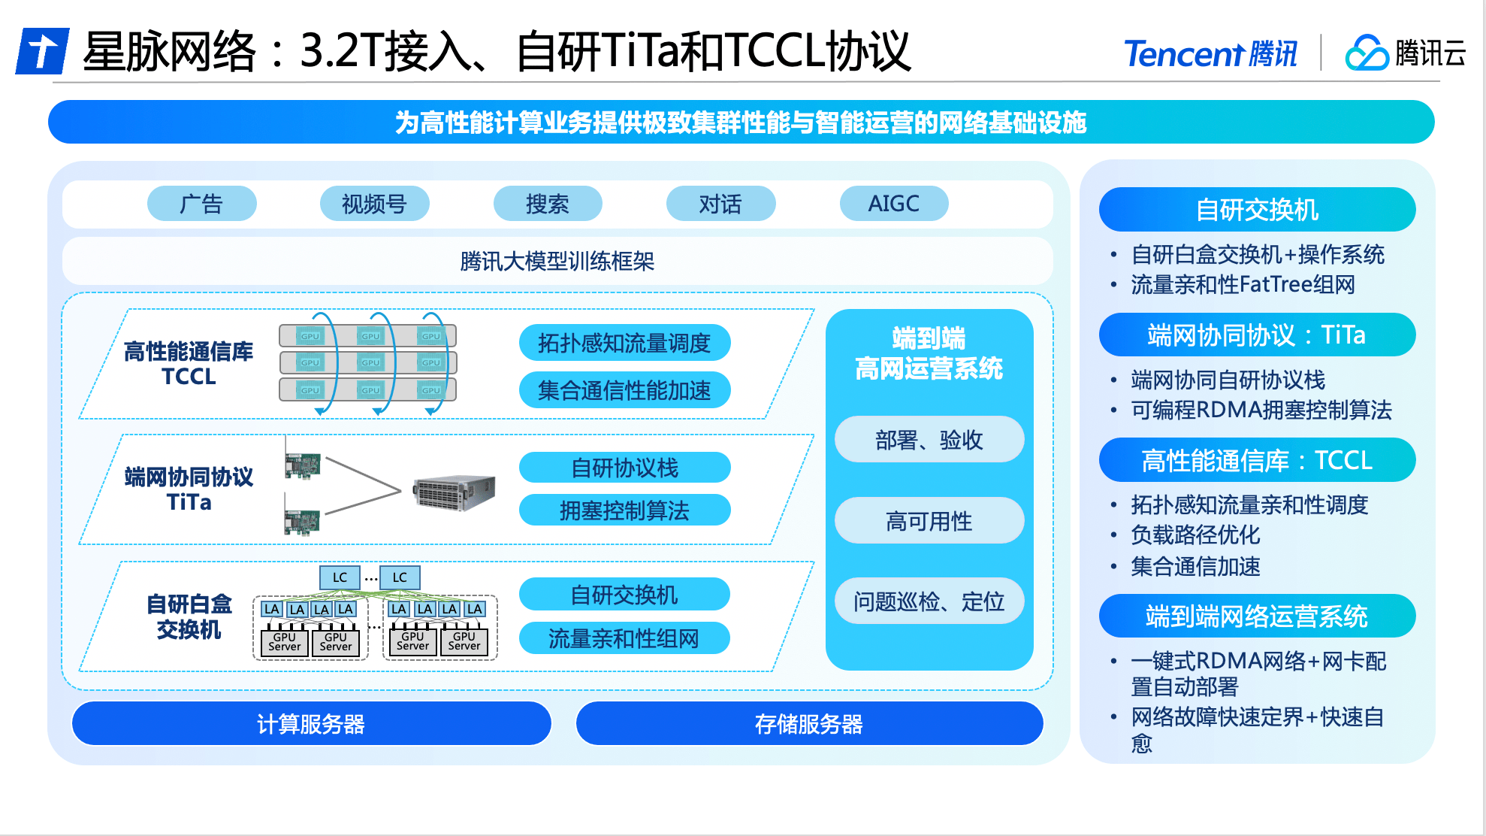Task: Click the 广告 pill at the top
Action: (x=201, y=204)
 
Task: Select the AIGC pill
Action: (x=893, y=204)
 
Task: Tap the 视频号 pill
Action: (x=374, y=204)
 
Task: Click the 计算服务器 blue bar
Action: (x=311, y=724)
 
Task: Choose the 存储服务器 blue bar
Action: (x=809, y=724)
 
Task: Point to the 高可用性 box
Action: (x=929, y=521)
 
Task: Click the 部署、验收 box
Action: (x=929, y=440)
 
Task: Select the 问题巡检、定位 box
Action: (x=929, y=601)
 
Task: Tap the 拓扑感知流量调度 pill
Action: (x=624, y=344)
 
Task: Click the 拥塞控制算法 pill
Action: (x=624, y=510)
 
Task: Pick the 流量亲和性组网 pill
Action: (x=624, y=638)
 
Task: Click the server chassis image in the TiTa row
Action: (x=454, y=493)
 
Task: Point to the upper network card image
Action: (x=303, y=465)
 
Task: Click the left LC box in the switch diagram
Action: (x=340, y=577)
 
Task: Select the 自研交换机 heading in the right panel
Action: (x=1257, y=210)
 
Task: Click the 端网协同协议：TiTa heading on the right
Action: (x=1257, y=335)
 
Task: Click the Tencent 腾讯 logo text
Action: (x=1210, y=54)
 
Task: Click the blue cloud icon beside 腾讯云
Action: (x=1366, y=53)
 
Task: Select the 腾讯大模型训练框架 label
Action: (x=557, y=262)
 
